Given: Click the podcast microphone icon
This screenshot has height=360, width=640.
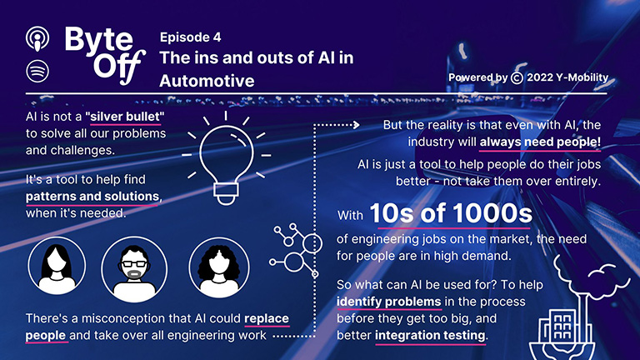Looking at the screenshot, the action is [x=37, y=39].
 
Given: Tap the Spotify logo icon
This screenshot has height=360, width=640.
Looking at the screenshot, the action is [x=37, y=71].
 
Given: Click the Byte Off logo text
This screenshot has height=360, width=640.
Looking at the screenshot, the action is [x=105, y=55].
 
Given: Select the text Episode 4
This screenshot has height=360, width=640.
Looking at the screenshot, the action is [x=190, y=37].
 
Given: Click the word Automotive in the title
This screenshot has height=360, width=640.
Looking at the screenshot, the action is [x=207, y=81].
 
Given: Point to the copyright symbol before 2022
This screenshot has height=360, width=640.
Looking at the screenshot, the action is [x=517, y=77].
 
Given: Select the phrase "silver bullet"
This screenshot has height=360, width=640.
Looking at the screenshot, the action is [x=125, y=117].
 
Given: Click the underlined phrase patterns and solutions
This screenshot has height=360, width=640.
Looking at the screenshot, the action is [x=92, y=197].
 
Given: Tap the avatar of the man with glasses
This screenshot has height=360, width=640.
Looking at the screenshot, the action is [x=134, y=269].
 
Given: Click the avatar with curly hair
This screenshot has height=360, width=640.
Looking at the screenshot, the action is [x=219, y=267].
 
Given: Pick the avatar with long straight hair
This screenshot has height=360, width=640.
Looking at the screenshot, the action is [x=57, y=266].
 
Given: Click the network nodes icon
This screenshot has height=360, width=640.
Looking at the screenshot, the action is [x=296, y=250].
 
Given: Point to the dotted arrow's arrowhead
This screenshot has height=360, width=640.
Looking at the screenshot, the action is [x=357, y=125].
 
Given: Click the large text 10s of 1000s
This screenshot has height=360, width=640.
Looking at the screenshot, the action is [x=451, y=213].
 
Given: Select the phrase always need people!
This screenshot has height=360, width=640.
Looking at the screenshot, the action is [x=540, y=142].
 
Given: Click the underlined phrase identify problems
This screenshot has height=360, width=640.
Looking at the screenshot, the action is [x=388, y=302].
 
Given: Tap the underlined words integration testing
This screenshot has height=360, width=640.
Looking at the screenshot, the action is [x=430, y=336].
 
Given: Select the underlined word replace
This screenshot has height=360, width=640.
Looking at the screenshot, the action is [x=267, y=318].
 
